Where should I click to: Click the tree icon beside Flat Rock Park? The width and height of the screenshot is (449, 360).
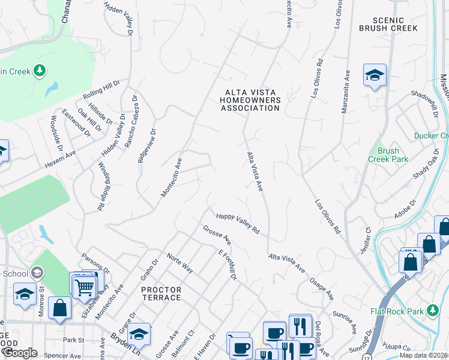pyautogui.click(x=432, y=311)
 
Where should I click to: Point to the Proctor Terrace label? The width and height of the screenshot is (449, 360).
pyautogui.click(x=161, y=293)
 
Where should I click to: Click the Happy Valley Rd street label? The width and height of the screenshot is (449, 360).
pyautogui.click(x=238, y=222)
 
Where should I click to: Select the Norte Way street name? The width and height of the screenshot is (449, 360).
pyautogui.click(x=180, y=263)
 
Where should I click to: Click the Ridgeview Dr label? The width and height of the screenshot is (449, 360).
pyautogui.click(x=146, y=146)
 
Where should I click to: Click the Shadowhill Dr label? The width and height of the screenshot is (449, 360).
pyautogui.click(x=424, y=103)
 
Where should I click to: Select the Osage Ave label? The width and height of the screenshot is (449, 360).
pyautogui.click(x=322, y=289)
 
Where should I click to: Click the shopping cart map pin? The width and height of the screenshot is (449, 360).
pyautogui.click(x=84, y=287)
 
